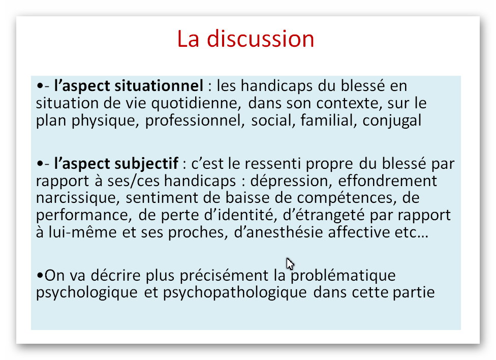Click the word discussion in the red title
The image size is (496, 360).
260,39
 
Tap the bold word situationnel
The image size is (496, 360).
159,86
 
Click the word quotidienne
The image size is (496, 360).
196,104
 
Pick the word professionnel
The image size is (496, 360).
195,121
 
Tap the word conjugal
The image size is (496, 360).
392,121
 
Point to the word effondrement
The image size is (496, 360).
387,181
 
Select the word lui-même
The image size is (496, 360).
82,232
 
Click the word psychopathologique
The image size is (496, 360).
235,292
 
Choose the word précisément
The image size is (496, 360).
224,276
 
